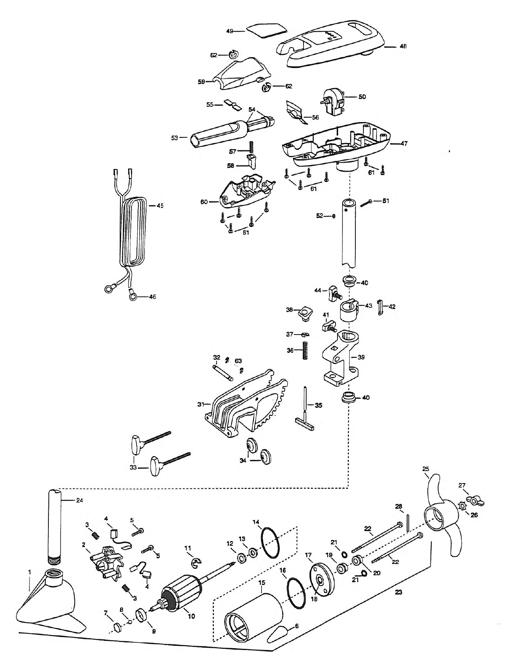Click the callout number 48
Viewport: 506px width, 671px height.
tap(403, 46)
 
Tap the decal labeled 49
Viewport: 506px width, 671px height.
tap(267, 30)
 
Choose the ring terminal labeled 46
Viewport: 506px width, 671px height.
tap(133, 294)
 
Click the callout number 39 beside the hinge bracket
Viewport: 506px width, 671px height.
tap(361, 357)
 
